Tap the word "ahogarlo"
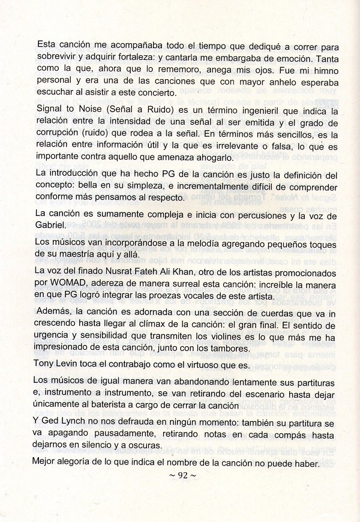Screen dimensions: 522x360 [x=196, y=157]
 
